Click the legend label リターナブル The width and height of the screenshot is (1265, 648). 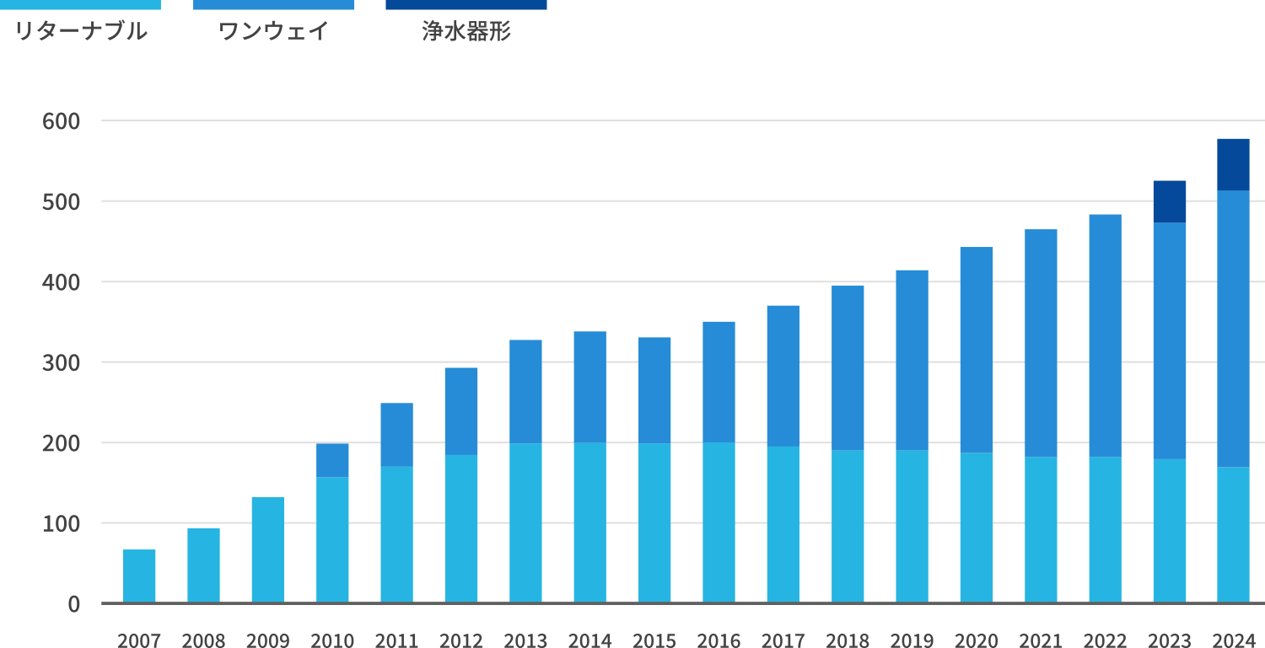click(x=80, y=32)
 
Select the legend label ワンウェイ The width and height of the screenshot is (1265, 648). click(x=273, y=32)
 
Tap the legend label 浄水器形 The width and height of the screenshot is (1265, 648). click(x=466, y=32)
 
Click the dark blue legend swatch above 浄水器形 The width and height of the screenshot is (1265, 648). click(x=466, y=5)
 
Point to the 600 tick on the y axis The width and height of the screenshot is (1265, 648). click(x=61, y=121)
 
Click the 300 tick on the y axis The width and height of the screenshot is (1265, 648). click(x=61, y=363)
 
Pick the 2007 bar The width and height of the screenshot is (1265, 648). click(x=139, y=576)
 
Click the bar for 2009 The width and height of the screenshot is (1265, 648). click(x=267, y=549)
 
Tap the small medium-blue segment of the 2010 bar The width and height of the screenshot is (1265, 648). click(x=332, y=460)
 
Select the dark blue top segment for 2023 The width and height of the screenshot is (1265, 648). click(x=1169, y=201)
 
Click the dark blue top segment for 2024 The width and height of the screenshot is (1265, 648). click(x=1233, y=164)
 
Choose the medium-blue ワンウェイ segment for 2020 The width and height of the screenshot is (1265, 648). click(x=976, y=350)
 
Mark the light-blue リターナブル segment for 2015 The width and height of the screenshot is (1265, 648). click(x=654, y=522)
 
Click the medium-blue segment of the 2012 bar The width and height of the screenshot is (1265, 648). click(x=460, y=411)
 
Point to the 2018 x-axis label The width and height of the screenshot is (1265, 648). click(x=848, y=640)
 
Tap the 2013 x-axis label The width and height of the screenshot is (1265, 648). click(x=525, y=640)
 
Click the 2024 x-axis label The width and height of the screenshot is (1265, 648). click(x=1233, y=640)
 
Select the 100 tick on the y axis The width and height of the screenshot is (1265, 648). click(x=61, y=524)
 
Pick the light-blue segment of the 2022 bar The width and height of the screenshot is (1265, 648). click(x=1105, y=529)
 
